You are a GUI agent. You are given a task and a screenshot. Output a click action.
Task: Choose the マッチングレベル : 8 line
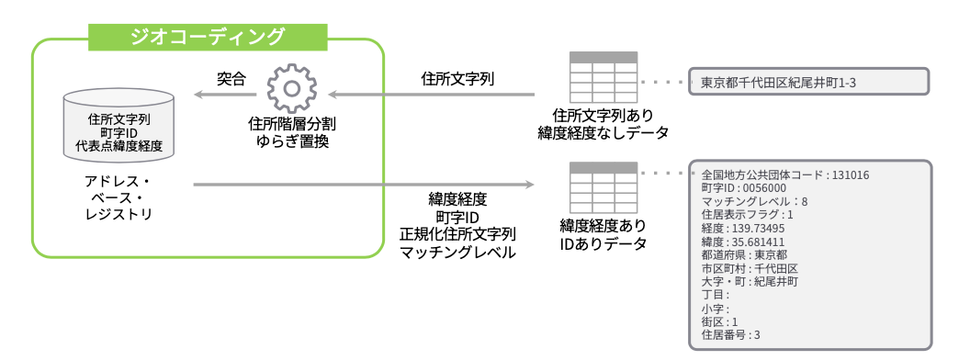coord(753,200)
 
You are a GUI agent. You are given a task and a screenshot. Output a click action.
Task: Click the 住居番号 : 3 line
coord(730,335)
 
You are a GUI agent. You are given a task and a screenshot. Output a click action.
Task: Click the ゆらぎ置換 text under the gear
coord(291,141)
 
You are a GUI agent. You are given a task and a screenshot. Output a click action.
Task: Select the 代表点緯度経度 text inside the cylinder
coord(118,145)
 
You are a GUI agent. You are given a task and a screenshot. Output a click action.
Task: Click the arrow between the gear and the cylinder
coord(224,94)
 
